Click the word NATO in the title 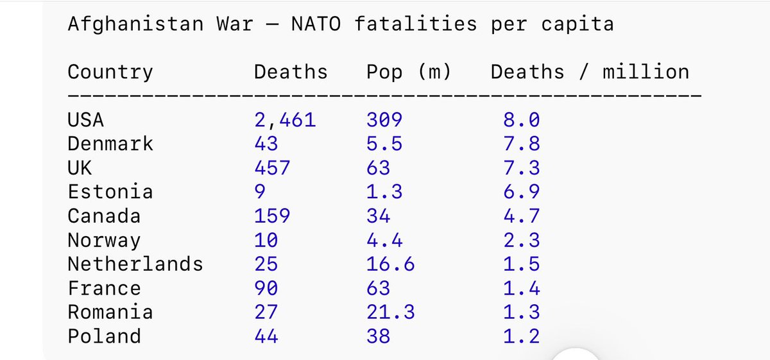pos(316,24)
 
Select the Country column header pos(110,72)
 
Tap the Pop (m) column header pos(409,72)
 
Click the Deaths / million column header pos(590,72)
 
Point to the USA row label pos(86,119)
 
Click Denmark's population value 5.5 pos(384,143)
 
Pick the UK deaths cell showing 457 pos(272,167)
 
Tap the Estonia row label pos(110,191)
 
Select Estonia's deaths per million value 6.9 pos(521,191)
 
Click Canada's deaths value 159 pos(272,216)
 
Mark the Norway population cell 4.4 pos(384,239)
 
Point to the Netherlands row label pos(135,264)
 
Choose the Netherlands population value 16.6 pos(390,264)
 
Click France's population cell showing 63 pos(378,287)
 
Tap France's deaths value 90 pos(266,287)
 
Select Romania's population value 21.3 pos(390,312)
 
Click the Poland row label pos(105,336)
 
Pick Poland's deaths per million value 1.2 pos(521,336)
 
